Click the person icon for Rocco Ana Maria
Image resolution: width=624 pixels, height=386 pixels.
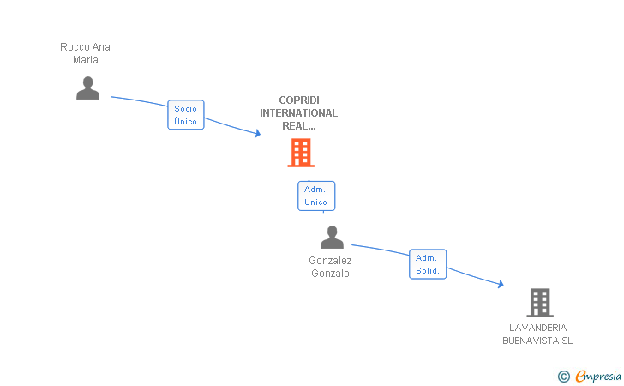click(87, 87)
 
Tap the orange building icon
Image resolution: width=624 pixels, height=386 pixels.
click(301, 153)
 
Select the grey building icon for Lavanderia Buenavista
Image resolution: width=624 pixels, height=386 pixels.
click(540, 302)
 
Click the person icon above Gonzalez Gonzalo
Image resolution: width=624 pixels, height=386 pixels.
click(332, 237)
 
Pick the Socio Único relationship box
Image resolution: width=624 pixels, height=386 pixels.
click(186, 115)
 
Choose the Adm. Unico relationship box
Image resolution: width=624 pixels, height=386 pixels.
click(316, 196)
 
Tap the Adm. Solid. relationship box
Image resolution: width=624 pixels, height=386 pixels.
click(428, 264)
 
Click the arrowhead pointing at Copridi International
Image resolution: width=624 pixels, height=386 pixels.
click(258, 134)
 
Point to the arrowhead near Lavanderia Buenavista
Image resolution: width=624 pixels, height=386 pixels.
click(501, 284)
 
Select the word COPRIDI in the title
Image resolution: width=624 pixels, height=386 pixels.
click(299, 100)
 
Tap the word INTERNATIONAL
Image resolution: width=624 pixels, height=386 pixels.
click(299, 113)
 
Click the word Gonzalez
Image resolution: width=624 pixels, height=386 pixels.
click(330, 261)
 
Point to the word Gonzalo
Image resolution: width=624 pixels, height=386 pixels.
click(330, 274)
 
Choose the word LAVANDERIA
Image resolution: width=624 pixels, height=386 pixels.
click(538, 328)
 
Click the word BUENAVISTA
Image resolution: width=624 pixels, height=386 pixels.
click(531, 341)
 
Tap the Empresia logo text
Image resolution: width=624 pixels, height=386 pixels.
click(598, 376)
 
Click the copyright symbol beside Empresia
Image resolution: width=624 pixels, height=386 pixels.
click(564, 376)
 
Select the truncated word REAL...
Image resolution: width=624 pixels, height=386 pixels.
click(299, 126)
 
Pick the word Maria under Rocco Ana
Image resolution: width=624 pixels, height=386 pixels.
click(86, 60)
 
